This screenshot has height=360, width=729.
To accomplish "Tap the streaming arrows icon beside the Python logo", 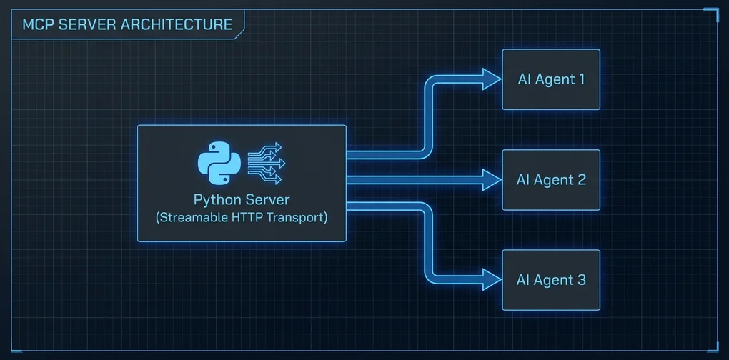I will click(x=265, y=161).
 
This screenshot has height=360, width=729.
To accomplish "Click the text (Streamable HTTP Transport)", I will click(x=242, y=217).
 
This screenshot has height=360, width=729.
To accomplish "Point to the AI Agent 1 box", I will click(x=550, y=79).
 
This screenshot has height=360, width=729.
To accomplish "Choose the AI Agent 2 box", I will click(x=550, y=180).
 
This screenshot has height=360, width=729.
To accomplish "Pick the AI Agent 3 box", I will click(x=550, y=280).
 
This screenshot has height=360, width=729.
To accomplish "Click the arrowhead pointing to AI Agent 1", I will click(x=491, y=79).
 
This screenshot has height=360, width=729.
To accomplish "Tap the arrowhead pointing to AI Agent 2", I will click(x=491, y=180).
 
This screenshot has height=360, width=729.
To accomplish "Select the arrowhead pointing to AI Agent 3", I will click(x=491, y=280).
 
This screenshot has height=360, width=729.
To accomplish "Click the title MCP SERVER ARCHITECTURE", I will click(x=127, y=24).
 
